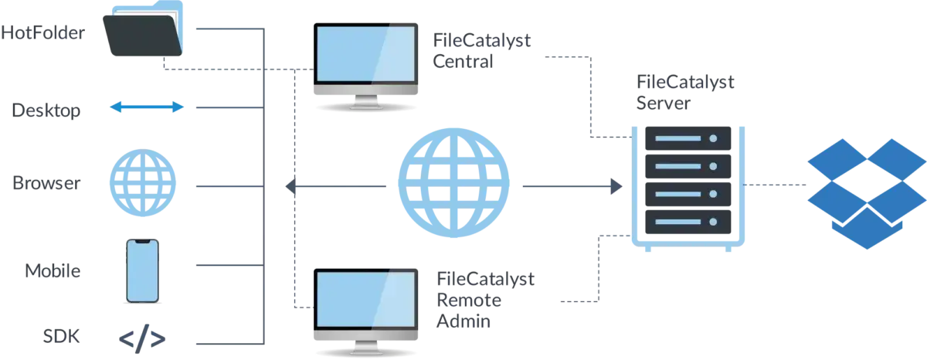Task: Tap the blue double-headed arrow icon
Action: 146,108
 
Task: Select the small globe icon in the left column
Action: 142,185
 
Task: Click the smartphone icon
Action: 143,270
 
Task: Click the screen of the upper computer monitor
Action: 365,53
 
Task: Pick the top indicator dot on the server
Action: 713,138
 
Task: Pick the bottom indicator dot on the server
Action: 713,222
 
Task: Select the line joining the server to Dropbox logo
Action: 772,185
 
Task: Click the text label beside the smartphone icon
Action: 52,270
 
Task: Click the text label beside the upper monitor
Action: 483,51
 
